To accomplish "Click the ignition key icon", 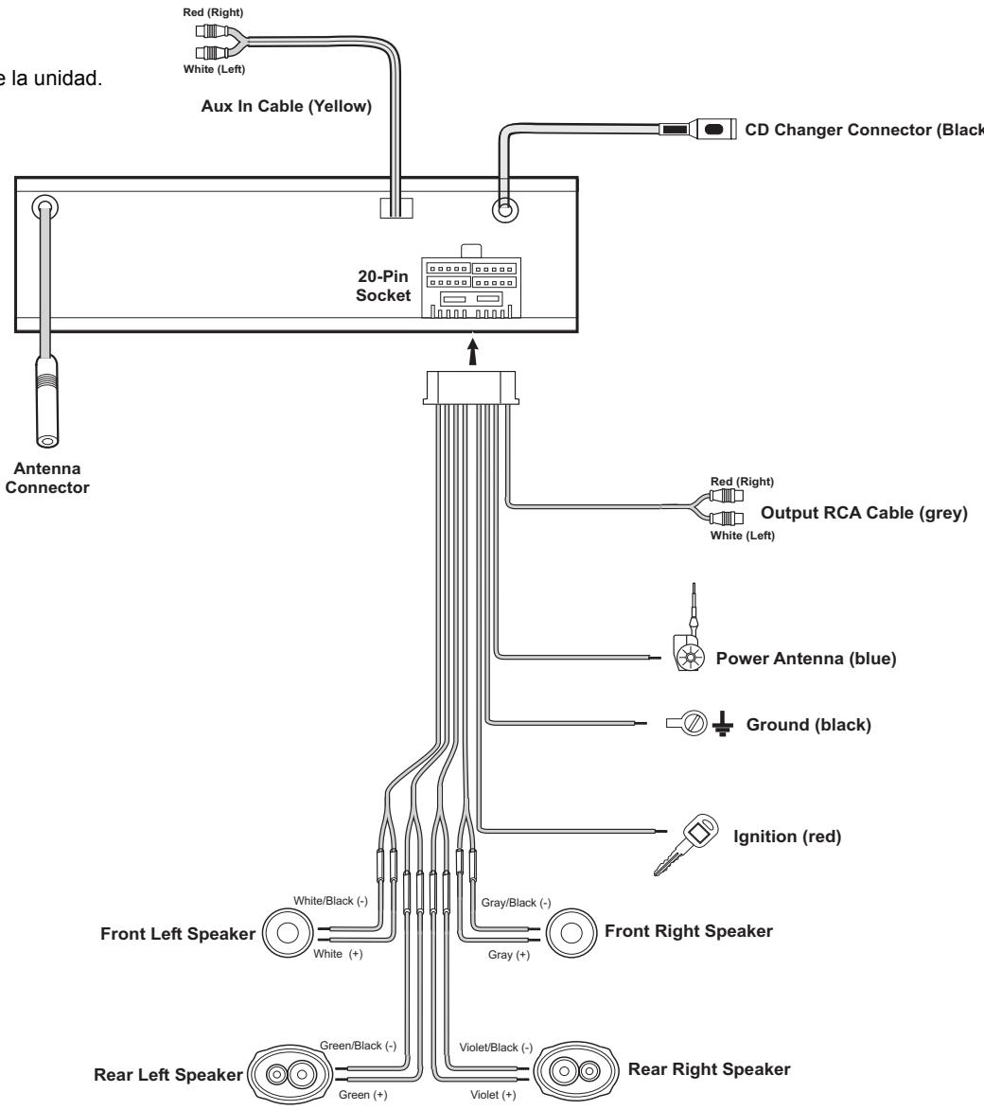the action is (685, 844).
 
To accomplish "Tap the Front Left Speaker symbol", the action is (288, 933).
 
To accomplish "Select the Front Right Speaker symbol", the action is (571, 932).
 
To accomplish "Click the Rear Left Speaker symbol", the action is (290, 1075).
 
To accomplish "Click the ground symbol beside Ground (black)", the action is (722, 724).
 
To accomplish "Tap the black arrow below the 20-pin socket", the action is (473, 351).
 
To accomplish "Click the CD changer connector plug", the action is (698, 130).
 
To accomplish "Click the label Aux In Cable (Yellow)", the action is (286, 106).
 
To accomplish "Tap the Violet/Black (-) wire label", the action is (496, 1048).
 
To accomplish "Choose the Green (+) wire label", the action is (362, 1095).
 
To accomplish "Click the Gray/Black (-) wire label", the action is (516, 903).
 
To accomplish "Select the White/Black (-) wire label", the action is (330, 901).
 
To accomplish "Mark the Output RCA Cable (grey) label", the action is (864, 513).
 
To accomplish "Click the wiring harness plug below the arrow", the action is (471, 387).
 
